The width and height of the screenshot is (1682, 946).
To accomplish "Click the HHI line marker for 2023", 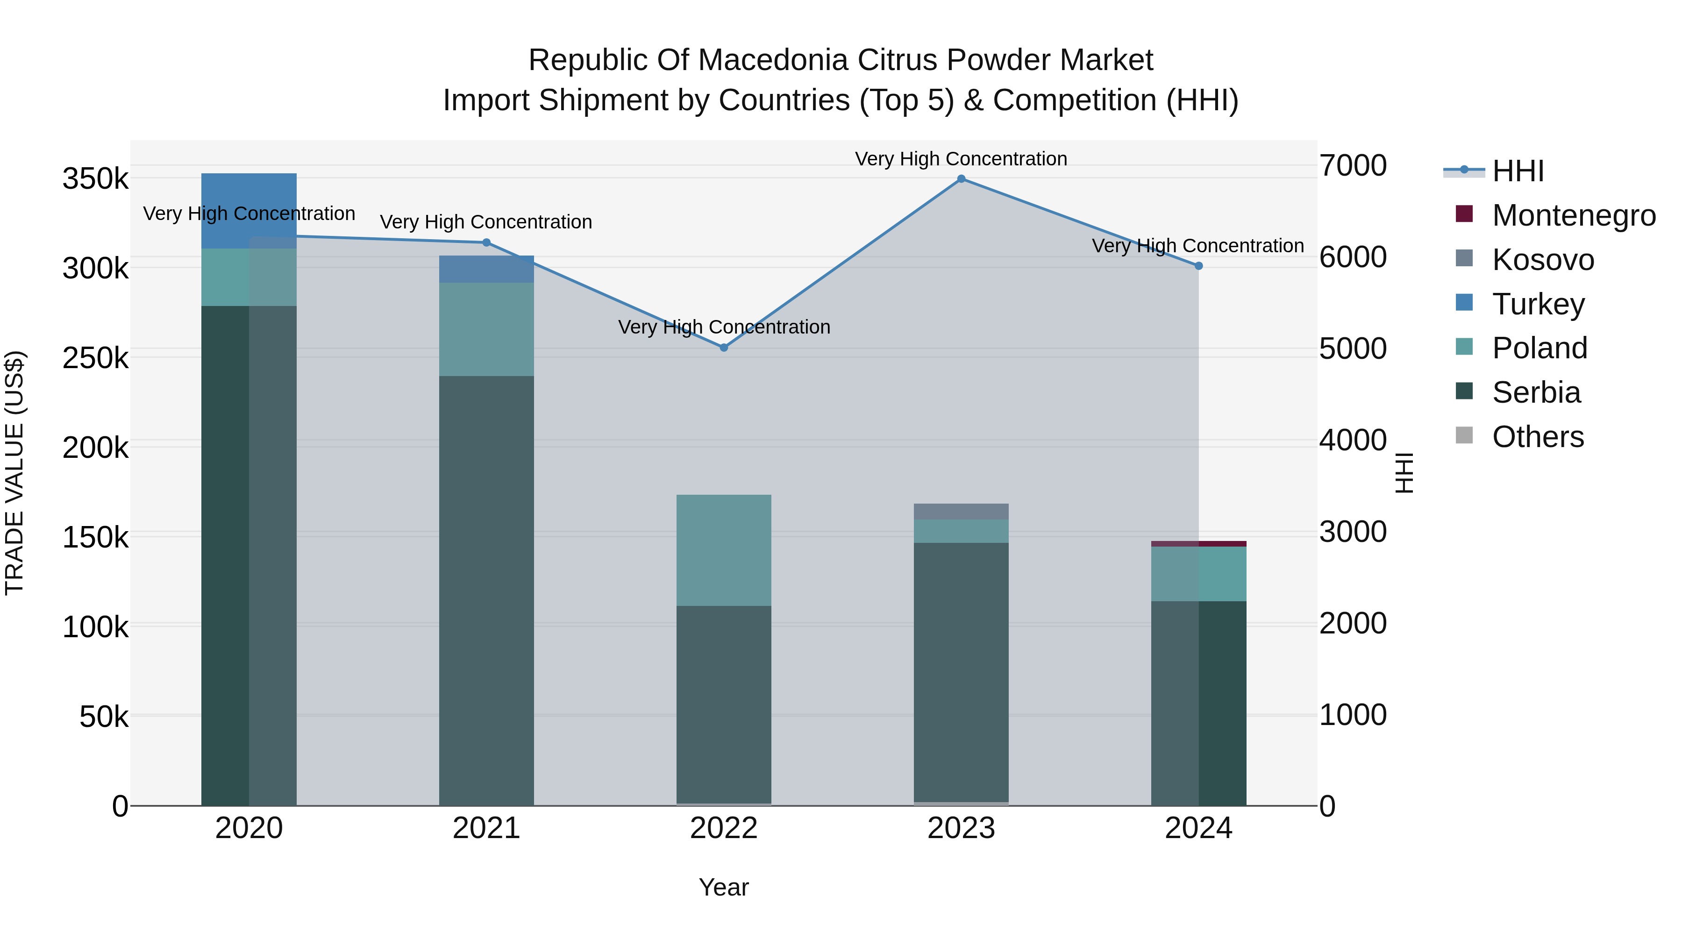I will tap(961, 179).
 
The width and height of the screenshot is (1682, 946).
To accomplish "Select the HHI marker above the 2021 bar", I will tap(486, 243).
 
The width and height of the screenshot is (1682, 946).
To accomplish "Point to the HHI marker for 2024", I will tap(1198, 266).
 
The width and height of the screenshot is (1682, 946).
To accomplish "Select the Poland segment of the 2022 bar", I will tap(723, 550).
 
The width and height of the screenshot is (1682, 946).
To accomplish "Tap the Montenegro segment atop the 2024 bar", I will tap(1198, 544).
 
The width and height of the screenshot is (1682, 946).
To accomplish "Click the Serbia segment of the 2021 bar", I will tap(486, 588).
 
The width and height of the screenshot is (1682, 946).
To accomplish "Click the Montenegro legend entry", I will tap(1573, 215).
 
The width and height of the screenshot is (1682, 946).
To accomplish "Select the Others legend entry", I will tap(1537, 437).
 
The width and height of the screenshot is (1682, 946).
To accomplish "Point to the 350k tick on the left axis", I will tap(95, 179).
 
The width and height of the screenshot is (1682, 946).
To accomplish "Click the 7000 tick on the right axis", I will tap(1352, 166).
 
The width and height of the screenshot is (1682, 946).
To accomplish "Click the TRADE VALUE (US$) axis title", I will tap(14, 473).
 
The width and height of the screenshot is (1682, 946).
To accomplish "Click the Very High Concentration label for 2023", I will tap(961, 159).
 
